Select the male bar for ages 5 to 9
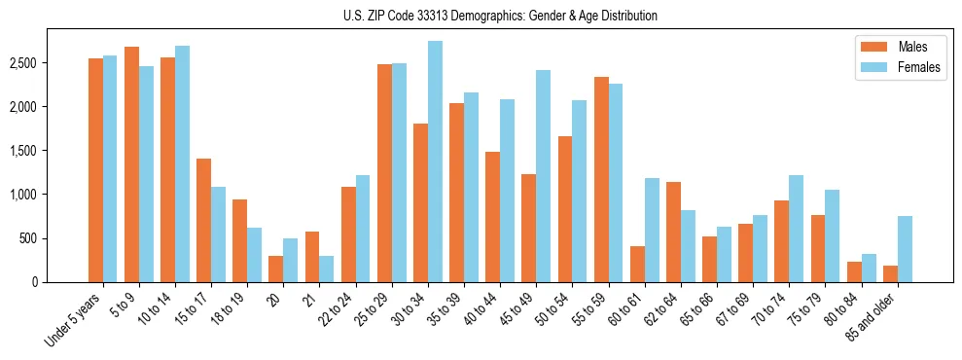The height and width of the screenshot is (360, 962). [x=131, y=164]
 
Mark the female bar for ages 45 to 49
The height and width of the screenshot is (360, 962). [x=543, y=176]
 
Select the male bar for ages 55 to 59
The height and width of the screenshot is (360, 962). [x=601, y=180]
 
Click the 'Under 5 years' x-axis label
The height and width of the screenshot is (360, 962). [x=74, y=321]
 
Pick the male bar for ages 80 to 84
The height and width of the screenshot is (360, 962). [x=854, y=271]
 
